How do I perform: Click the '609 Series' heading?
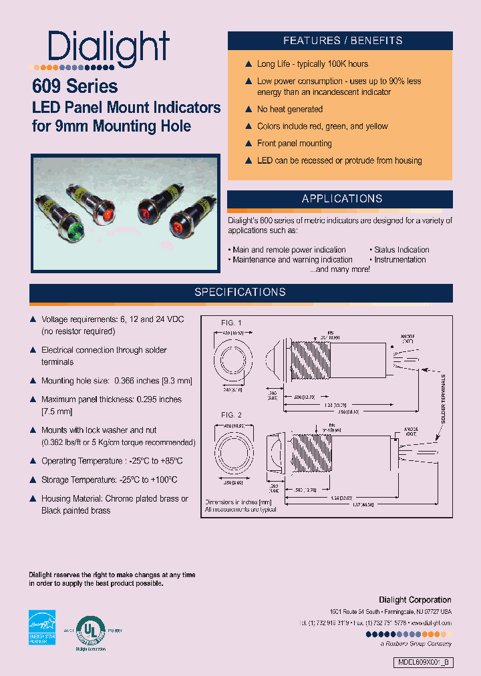[x=75, y=87]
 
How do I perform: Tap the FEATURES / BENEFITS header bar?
[x=342, y=41]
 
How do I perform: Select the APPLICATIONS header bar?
[x=342, y=199]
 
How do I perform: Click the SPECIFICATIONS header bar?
[x=240, y=293]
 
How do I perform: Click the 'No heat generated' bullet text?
[x=289, y=109]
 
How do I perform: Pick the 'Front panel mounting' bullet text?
[x=294, y=143]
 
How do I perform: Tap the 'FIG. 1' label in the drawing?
[x=231, y=323]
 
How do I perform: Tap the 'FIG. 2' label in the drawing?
[x=231, y=415]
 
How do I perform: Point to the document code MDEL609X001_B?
[x=423, y=663]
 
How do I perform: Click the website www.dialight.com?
[x=428, y=622]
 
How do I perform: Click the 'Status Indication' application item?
[x=402, y=250]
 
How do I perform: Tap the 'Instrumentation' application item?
[x=402, y=260]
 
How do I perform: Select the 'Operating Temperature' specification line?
[x=112, y=461]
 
